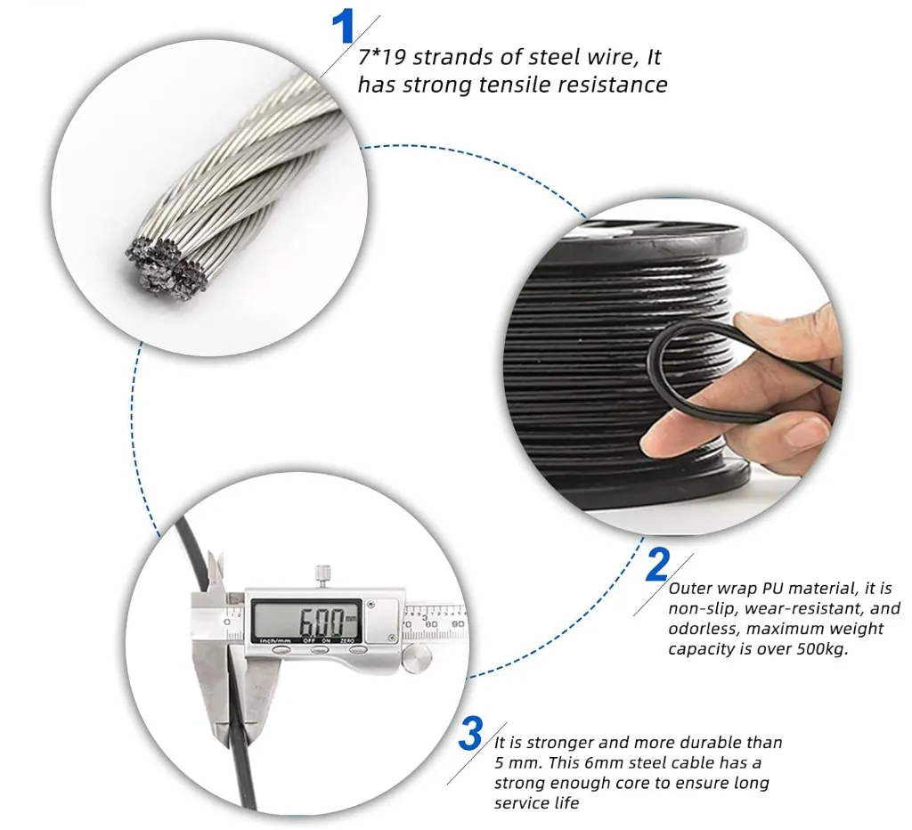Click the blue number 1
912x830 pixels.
click(343, 27)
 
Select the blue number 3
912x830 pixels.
click(470, 734)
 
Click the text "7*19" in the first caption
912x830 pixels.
click(381, 57)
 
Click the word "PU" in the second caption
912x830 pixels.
click(772, 588)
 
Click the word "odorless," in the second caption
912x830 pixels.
click(704, 629)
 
